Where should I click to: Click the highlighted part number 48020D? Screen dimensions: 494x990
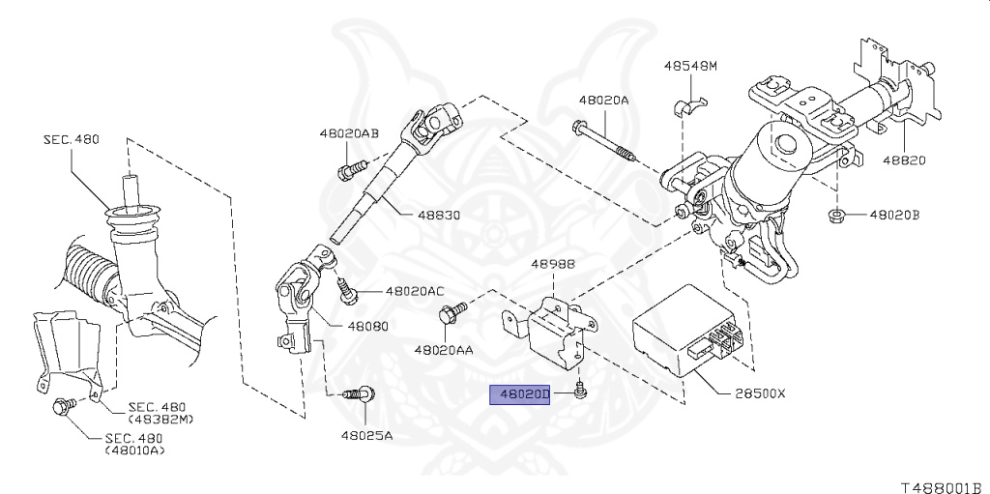tap(520, 394)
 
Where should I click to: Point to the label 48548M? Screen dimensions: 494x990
tap(690, 67)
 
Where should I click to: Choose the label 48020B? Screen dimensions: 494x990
tap(894, 215)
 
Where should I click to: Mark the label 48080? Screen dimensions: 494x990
tap(364, 327)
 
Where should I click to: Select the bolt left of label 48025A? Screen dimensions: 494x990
tap(362, 393)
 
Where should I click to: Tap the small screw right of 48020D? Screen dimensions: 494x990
tap(578, 391)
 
